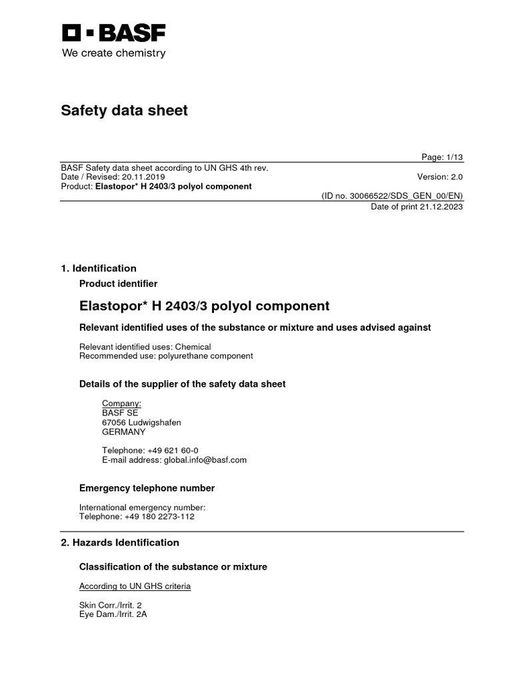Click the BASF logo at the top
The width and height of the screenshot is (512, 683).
click(x=114, y=33)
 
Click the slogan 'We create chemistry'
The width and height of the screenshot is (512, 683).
click(x=113, y=53)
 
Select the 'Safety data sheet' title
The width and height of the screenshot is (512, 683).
click(x=125, y=111)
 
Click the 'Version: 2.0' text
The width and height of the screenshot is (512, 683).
click(x=439, y=177)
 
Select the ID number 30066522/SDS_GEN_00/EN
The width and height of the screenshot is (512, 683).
click(x=393, y=195)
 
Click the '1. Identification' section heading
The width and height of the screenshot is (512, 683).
click(x=99, y=268)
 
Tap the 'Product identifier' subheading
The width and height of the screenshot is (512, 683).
click(x=119, y=283)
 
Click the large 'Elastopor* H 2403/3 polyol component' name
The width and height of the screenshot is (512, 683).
click(x=204, y=306)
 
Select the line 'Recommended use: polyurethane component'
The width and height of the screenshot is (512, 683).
click(x=166, y=356)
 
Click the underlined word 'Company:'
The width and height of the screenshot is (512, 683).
click(x=121, y=404)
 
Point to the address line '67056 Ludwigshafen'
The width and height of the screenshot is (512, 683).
click(x=141, y=422)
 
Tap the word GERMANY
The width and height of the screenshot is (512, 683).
click(x=123, y=432)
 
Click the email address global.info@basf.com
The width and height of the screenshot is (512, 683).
click(x=204, y=460)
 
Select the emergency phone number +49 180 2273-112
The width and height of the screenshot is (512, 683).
click(x=159, y=516)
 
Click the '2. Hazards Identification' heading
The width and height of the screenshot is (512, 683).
click(x=120, y=542)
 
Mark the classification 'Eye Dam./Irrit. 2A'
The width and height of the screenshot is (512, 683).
click(x=113, y=614)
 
